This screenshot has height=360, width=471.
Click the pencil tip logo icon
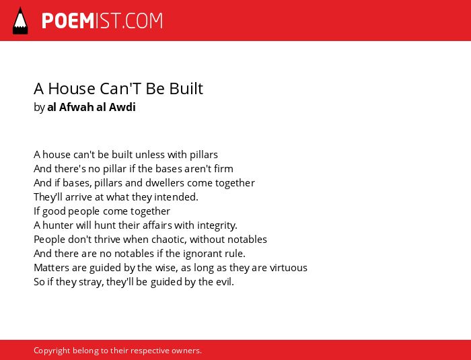click(20, 21)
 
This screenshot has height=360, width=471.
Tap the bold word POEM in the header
click(68, 21)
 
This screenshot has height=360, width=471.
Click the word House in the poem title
click(72, 89)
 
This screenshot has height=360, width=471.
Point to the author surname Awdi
click(122, 107)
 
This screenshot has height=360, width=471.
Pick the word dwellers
click(165, 183)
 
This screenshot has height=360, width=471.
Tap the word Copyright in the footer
click(52, 351)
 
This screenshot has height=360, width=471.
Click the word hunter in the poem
click(58, 225)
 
